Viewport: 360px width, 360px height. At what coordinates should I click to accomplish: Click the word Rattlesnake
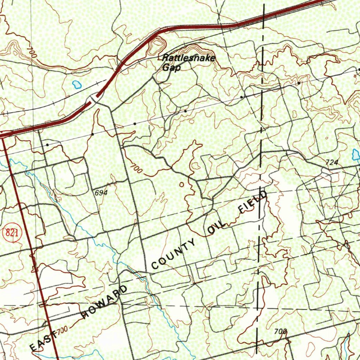tap(189, 58)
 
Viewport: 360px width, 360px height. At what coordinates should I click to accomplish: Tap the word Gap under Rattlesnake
tap(172, 67)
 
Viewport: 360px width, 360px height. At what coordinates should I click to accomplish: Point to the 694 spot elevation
tap(101, 193)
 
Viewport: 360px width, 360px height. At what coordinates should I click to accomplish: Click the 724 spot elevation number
tap(332, 162)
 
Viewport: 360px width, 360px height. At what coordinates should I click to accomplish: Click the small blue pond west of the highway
tap(76, 84)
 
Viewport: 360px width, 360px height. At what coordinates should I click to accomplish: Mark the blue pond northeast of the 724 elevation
tap(356, 154)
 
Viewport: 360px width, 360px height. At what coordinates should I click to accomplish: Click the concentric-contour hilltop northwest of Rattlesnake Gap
tap(159, 44)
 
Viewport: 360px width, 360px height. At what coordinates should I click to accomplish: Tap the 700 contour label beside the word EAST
tap(62, 330)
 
